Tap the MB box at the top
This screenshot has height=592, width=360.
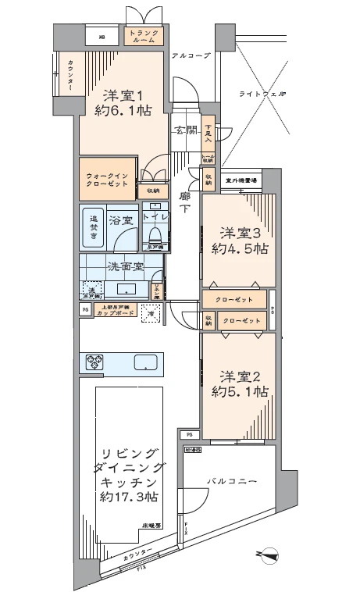(102, 37)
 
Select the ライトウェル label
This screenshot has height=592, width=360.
(262, 94)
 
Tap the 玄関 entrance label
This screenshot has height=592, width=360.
(186, 130)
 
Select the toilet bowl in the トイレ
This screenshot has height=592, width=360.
(155, 234)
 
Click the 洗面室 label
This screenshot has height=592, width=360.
(121, 266)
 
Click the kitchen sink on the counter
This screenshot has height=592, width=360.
(146, 363)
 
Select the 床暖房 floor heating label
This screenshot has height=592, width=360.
(151, 527)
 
